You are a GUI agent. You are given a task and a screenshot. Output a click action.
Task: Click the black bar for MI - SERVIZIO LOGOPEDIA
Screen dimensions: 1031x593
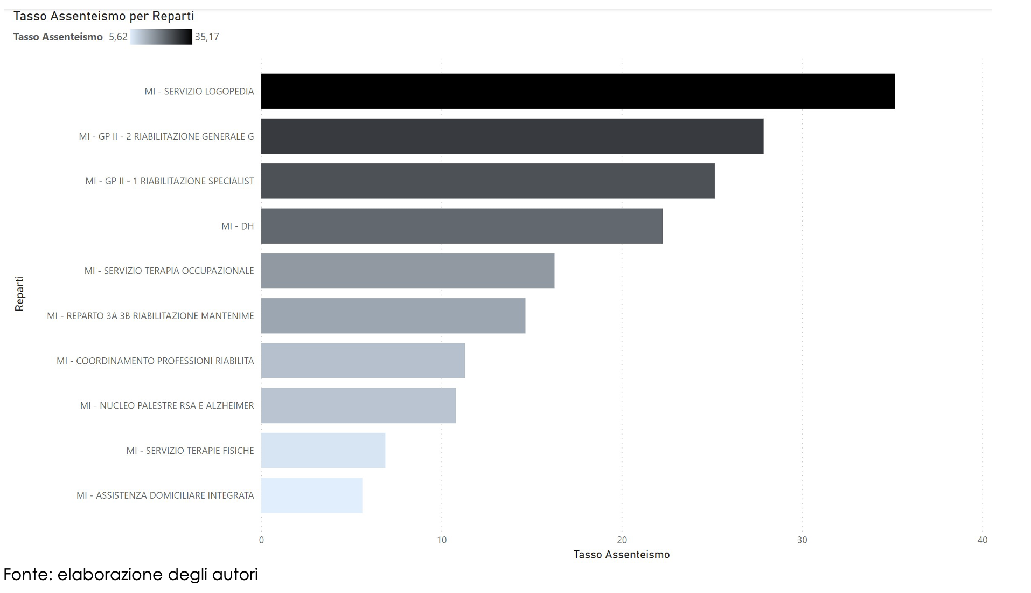[x=578, y=91]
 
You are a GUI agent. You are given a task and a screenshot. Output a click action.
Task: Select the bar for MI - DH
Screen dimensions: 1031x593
[x=462, y=226]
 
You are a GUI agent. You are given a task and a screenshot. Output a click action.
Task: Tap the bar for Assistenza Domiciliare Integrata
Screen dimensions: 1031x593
[x=312, y=495]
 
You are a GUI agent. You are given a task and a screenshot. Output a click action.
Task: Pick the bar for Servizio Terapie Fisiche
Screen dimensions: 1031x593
[x=323, y=450]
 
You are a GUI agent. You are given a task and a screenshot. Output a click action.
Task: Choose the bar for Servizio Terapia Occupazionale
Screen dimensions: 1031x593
[x=408, y=271]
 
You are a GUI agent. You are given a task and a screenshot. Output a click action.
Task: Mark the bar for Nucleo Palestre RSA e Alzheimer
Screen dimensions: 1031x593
[x=358, y=405]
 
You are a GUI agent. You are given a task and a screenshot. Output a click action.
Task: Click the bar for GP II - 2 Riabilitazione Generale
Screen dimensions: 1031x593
[x=512, y=136]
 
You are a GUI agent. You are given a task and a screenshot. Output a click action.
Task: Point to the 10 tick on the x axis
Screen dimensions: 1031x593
[x=442, y=540]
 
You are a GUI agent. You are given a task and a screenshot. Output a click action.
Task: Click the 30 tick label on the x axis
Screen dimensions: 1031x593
[x=802, y=540]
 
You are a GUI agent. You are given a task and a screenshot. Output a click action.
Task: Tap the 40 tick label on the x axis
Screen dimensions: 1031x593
[x=983, y=540]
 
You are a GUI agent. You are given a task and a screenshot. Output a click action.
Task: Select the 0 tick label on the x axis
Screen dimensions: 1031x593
[x=261, y=540]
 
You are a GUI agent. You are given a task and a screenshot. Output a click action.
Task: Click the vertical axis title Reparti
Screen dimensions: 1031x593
[x=19, y=294]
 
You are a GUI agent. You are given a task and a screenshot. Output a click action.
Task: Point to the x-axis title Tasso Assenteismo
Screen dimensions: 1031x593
[x=622, y=555]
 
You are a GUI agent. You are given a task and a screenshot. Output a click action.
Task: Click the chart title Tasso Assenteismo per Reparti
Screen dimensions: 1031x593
[x=104, y=16]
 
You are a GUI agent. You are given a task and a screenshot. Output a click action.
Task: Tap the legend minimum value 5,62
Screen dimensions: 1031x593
[x=118, y=37]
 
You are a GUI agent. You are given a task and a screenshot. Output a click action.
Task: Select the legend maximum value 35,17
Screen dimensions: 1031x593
[x=207, y=37]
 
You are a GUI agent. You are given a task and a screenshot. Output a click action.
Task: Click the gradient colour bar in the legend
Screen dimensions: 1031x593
[x=161, y=37]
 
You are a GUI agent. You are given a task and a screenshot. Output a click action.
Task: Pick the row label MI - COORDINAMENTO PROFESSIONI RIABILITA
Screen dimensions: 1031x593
[x=155, y=361]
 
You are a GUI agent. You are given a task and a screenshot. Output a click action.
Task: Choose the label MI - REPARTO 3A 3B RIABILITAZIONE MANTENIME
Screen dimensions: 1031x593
[x=150, y=316]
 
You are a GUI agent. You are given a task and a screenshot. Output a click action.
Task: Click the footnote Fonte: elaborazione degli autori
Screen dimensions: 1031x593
[x=131, y=575]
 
